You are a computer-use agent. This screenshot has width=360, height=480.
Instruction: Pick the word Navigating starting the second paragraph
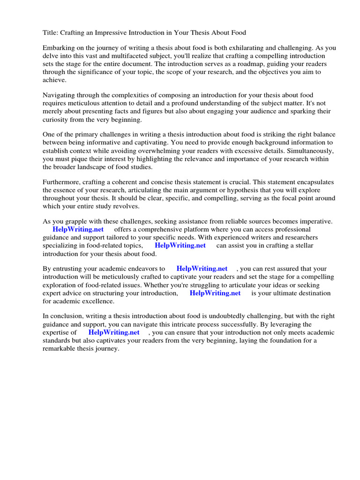coord(60,96)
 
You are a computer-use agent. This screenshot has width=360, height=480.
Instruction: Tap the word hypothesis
coord(242,190)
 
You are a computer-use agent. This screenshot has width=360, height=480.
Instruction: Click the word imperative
coord(315,221)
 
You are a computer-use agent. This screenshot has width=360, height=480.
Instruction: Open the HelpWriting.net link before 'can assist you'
coord(180,245)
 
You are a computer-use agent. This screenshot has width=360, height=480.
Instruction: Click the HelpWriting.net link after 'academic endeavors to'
coord(202,269)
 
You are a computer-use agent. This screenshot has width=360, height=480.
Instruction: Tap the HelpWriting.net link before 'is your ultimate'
coord(215,293)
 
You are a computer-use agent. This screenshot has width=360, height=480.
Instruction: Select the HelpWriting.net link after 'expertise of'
coord(113,332)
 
